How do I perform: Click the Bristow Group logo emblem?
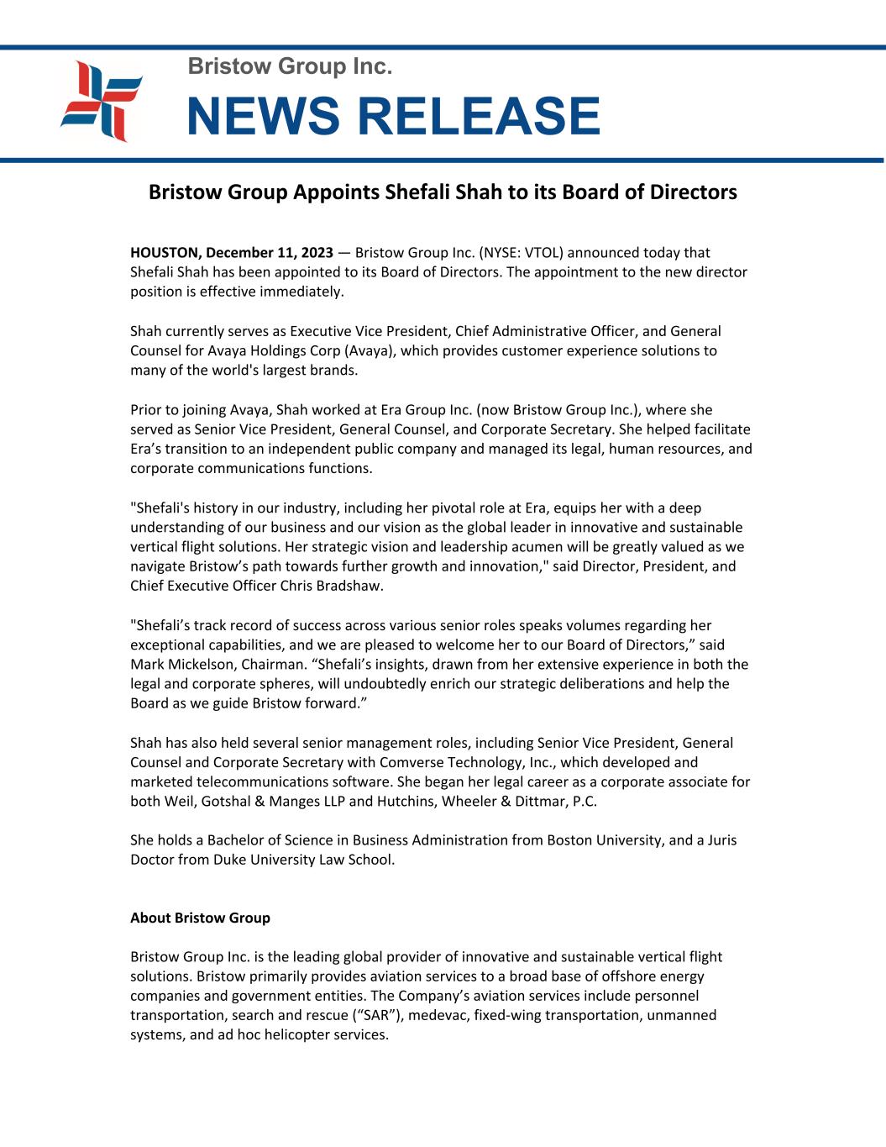coord(102,102)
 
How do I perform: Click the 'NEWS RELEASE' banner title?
coord(393,116)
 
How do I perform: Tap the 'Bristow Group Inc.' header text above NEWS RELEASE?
coord(290,66)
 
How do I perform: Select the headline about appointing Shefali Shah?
coord(443,192)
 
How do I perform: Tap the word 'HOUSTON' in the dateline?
coord(165,253)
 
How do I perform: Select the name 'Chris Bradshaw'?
coord(335,586)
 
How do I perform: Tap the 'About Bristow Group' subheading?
coord(200,918)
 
